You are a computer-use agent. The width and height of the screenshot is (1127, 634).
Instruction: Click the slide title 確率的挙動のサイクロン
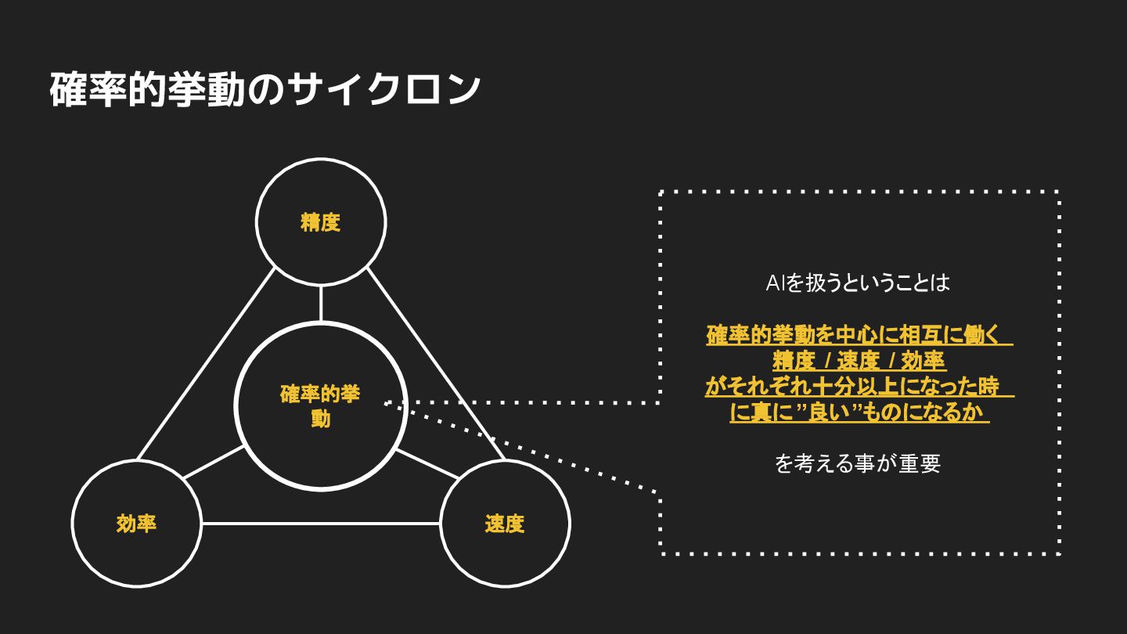[265, 89]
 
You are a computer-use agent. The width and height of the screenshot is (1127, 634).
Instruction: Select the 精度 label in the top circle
[321, 222]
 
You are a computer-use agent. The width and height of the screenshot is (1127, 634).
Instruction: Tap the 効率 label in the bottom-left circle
[136, 524]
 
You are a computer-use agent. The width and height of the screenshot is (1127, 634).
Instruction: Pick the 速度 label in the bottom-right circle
[505, 524]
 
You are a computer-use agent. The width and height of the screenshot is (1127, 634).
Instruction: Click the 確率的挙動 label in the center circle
[320, 405]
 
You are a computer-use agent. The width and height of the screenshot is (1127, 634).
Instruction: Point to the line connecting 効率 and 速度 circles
[321, 524]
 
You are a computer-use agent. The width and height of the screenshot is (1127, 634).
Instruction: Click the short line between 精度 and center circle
[321, 304]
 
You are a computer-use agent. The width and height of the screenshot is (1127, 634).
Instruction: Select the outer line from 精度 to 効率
[206, 364]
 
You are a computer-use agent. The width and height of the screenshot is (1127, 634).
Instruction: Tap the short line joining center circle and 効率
[214, 462]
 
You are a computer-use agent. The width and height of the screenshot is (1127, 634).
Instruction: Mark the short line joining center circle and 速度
[427, 463]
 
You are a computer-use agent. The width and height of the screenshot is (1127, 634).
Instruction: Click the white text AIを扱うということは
[858, 283]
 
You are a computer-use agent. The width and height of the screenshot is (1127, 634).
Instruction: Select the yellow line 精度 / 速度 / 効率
[859, 361]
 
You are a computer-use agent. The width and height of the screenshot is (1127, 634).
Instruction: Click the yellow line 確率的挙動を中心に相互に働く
[859, 335]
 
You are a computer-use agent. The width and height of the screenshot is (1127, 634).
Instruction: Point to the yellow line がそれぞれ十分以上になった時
[859, 387]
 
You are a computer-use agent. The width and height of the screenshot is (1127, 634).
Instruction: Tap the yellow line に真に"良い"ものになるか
[859, 412]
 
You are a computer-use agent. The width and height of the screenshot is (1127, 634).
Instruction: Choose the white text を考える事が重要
[858, 463]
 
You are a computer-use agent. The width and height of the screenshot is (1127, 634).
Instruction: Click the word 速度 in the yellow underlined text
[859, 361]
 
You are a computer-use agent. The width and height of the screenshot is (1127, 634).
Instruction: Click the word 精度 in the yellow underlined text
[794, 361]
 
